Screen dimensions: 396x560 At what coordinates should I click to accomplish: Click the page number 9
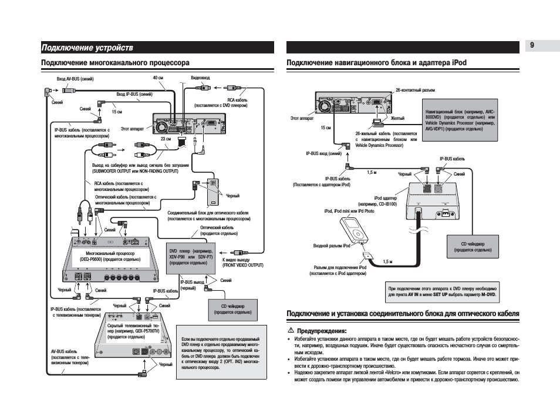[x=532, y=46]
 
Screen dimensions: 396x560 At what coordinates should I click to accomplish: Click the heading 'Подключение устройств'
[x=87, y=47]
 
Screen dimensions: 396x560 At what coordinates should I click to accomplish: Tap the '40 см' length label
[x=158, y=78]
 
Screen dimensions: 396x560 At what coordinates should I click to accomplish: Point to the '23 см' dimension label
[x=166, y=139]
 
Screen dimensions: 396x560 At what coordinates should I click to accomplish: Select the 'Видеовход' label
[x=200, y=78]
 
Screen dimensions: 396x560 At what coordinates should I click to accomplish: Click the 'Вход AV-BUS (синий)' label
[x=75, y=79]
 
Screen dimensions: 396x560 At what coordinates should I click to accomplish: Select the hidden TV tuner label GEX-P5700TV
[x=134, y=331]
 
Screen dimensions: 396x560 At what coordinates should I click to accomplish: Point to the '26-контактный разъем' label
[x=416, y=90]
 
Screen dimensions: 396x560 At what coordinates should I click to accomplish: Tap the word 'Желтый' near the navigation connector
[x=397, y=118]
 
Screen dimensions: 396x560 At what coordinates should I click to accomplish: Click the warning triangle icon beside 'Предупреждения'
[x=291, y=331]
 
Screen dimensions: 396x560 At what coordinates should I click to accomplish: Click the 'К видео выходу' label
[x=236, y=259]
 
